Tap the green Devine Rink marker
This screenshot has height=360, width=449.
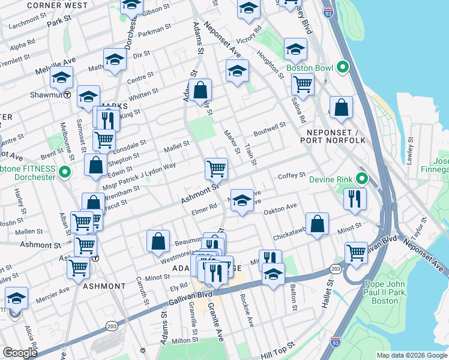(362, 179)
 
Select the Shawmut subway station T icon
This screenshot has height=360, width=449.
(68, 95)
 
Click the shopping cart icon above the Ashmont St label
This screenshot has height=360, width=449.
(215, 169)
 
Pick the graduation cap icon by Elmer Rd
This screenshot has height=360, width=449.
(241, 201)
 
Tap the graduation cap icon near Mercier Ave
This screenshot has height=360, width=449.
(16, 298)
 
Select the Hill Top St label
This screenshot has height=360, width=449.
(279, 347)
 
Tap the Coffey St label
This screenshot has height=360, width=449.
(292, 176)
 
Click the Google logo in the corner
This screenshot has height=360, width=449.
(19, 353)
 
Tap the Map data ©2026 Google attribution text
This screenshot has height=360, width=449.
(411, 355)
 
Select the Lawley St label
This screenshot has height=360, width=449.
(411, 151)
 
